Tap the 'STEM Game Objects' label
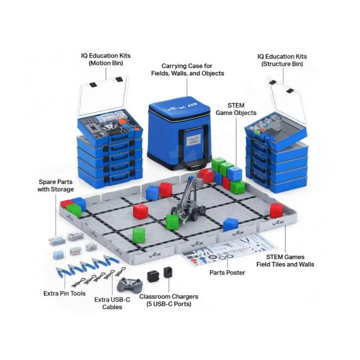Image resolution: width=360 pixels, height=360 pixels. [x=236, y=109]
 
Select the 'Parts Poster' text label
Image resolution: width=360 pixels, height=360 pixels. [x=228, y=272]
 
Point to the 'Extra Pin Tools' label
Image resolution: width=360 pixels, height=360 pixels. [x=64, y=293]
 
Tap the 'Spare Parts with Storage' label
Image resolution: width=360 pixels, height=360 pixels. [x=55, y=186]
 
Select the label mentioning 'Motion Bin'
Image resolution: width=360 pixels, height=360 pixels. [x=106, y=60]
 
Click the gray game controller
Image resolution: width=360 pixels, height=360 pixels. [x=130, y=284]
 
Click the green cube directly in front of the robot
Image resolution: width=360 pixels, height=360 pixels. [x=172, y=221]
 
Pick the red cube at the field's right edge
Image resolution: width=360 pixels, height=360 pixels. [x=276, y=210]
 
